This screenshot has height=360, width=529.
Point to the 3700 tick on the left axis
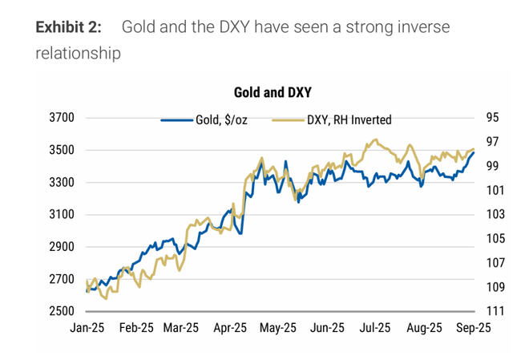coord(62,118)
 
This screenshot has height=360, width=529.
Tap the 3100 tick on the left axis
coord(62,214)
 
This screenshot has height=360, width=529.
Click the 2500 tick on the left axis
coord(62,311)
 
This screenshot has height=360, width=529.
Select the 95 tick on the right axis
coord(492,118)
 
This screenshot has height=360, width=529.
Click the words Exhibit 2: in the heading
coord(69,27)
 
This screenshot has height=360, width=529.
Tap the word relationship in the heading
coord(79,54)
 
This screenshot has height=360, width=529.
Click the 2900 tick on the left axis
coord(62,246)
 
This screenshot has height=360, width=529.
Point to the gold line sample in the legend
coord(289,120)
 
